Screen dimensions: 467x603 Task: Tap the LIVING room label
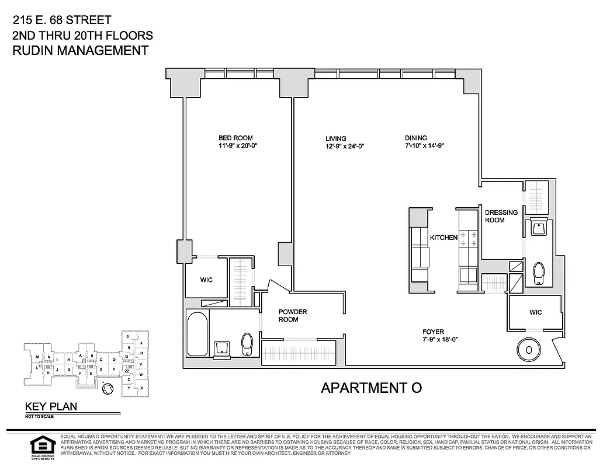tap(336, 138)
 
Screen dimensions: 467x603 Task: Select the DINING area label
tap(415, 138)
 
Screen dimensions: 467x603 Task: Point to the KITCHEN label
tap(443, 238)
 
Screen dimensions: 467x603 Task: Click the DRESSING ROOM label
tap(501, 216)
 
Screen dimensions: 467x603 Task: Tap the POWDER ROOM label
tap(292, 315)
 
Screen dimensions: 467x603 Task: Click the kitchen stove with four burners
tap(468, 238)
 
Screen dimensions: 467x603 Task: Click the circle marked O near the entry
tap(528, 350)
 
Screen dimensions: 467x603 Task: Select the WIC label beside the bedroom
tap(206, 280)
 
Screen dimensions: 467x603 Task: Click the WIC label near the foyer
tap(535, 312)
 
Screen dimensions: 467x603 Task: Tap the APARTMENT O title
tap(371, 388)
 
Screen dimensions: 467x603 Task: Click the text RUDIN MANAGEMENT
tap(80, 50)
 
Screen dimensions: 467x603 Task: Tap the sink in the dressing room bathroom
tap(538, 228)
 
